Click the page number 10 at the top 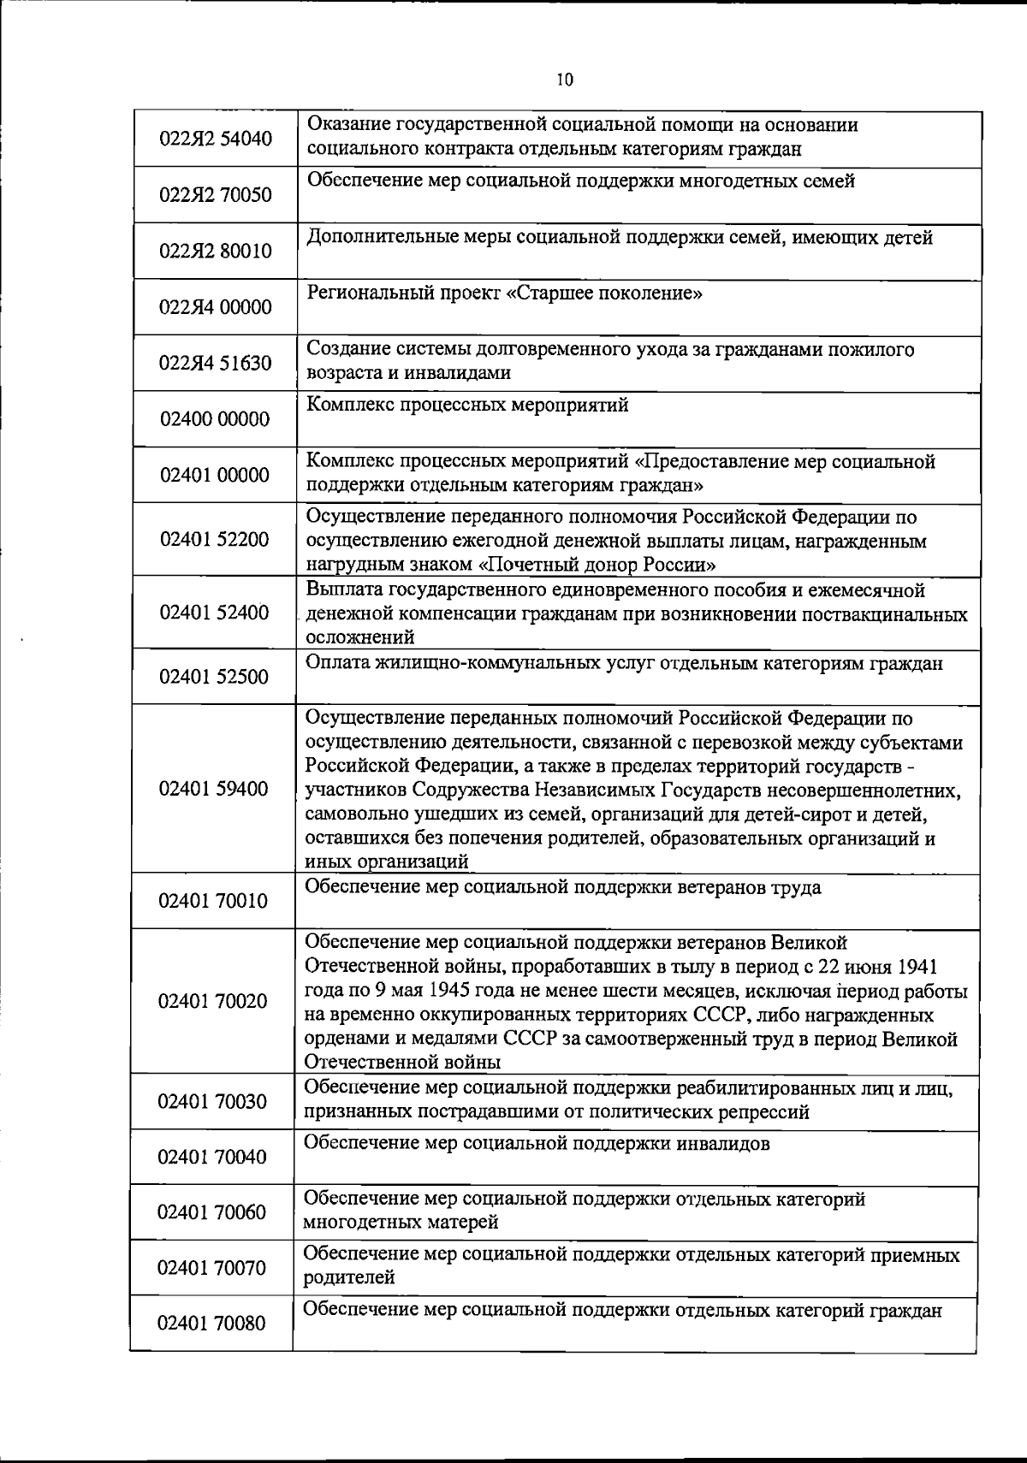[x=564, y=80]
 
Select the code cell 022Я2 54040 [x=216, y=139]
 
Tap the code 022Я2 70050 [x=216, y=195]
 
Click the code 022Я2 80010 [x=216, y=252]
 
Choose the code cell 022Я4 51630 [x=216, y=364]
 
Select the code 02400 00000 [x=215, y=419]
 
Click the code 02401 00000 [x=215, y=476]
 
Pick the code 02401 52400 [x=214, y=613]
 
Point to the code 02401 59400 [x=214, y=789]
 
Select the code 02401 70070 [x=211, y=1268]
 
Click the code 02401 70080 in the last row [x=211, y=1324]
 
